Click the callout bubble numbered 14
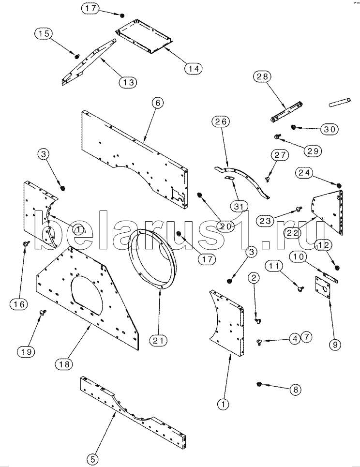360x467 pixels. (193, 68)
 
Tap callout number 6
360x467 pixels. (157, 103)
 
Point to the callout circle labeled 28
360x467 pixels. (264, 76)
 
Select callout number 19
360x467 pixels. (27, 352)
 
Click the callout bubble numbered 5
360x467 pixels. (94, 458)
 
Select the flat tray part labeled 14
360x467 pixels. (145, 39)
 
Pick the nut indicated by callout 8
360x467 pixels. (259, 384)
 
